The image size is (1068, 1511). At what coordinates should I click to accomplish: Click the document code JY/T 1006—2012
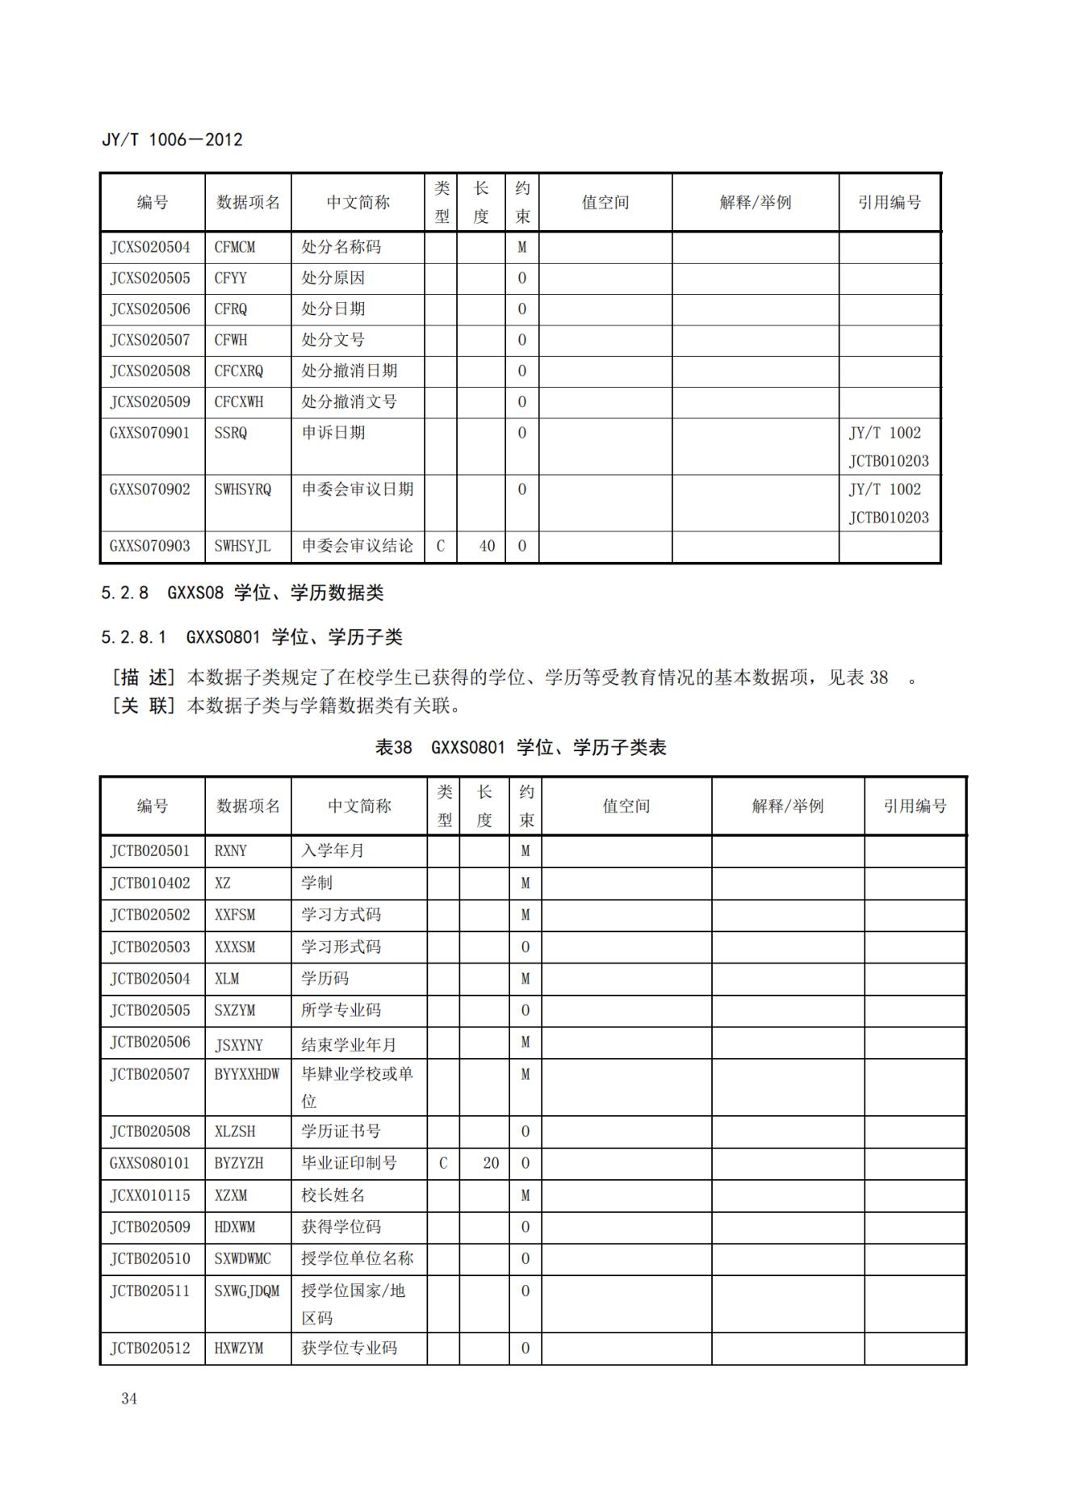[x=172, y=140]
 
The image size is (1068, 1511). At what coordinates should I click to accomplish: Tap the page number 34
[x=129, y=1399]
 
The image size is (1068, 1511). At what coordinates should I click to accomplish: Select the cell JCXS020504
[x=150, y=247]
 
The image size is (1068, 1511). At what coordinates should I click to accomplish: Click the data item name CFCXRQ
[x=239, y=371]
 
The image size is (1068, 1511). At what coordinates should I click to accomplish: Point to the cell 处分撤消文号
[x=350, y=402]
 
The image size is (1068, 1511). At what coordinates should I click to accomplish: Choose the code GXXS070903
[x=150, y=546]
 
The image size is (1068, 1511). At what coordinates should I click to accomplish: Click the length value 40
[x=487, y=546]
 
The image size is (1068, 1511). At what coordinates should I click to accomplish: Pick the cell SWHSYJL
[x=242, y=546]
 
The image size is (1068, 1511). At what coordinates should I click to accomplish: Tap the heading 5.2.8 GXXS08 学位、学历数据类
[x=242, y=593]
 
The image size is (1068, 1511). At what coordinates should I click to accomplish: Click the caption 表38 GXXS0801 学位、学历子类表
[x=521, y=747]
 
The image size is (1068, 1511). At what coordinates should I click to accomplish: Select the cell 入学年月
[x=333, y=850]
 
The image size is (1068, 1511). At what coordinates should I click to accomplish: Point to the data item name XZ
[x=223, y=883]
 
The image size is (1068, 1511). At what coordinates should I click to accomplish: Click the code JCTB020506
[x=150, y=1042]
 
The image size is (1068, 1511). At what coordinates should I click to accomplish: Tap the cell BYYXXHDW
[x=247, y=1074]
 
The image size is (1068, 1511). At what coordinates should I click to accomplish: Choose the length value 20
[x=491, y=1163]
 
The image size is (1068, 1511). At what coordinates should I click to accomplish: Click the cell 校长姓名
[x=333, y=1195]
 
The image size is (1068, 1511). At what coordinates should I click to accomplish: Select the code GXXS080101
[x=150, y=1163]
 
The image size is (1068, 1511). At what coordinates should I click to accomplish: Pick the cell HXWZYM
[x=239, y=1348]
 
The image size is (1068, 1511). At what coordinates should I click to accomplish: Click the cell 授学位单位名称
[x=358, y=1258]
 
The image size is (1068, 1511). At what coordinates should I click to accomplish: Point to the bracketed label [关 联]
[x=144, y=706]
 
